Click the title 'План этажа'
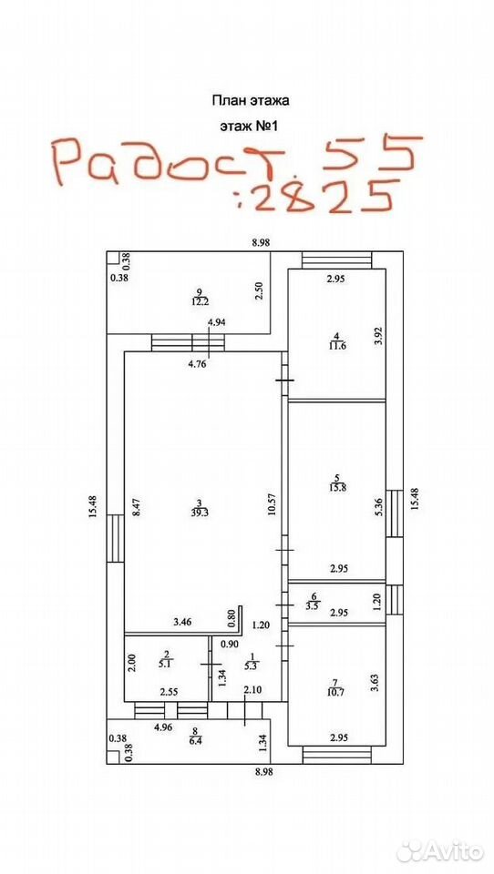(249, 101)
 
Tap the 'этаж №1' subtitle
(249, 127)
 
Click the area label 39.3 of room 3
(200, 513)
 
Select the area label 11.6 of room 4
(336, 345)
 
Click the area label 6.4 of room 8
(194, 737)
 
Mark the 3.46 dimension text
(182, 622)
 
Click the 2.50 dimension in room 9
(258, 290)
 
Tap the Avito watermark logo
(440, 852)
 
